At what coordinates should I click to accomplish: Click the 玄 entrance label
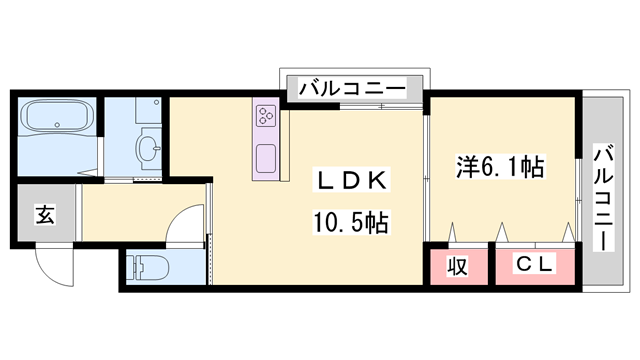45,213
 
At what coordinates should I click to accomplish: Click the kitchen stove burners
267,116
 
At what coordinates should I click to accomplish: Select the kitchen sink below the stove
267,158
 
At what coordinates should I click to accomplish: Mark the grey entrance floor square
46,214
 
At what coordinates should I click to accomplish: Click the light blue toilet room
165,268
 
